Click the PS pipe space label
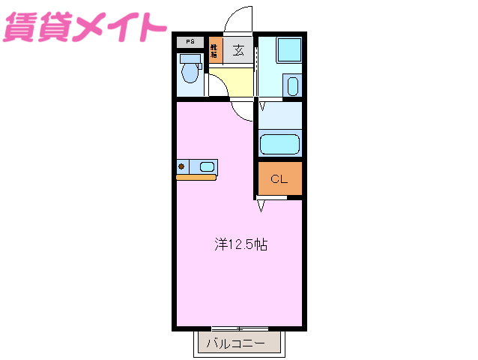tap(190, 43)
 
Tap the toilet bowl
tap(191, 73)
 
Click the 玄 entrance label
tap(238, 51)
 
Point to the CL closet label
tap(279, 179)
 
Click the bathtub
tap(279, 143)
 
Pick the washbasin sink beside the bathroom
tap(292, 85)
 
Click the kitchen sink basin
tap(206, 166)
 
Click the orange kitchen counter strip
tap(196, 177)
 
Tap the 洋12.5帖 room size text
tap(240, 244)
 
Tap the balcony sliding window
tap(239, 328)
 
